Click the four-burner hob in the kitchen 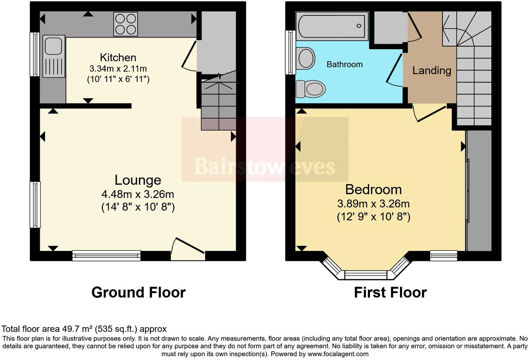pos(125,24)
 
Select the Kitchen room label pos(118,57)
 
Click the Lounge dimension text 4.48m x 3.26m pos(138,194)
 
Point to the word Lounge pos(138,180)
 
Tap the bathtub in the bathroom pos(332,26)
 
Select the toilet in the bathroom pos(311,89)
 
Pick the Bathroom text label pos(344,65)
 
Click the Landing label pos(432,70)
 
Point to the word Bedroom pos(373,189)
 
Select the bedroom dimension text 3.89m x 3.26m pos(373,204)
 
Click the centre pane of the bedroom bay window pos(366,275)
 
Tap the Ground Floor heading pos(138,292)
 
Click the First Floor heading pos(390,292)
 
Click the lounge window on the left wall pos(35,205)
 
